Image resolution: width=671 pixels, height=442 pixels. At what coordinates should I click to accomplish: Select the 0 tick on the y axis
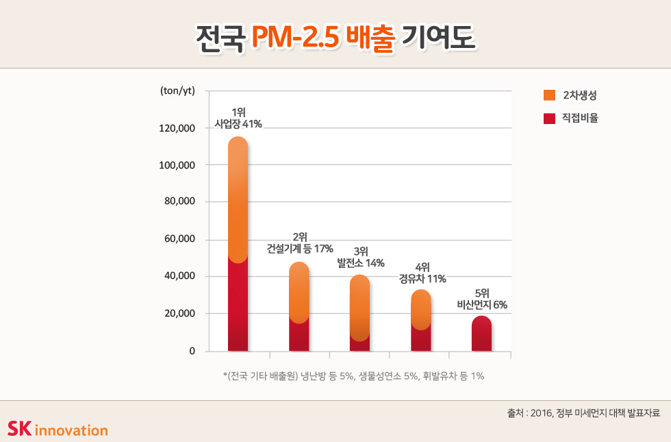click(x=192, y=351)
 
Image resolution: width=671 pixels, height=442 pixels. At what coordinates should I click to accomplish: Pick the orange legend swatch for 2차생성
click(x=549, y=95)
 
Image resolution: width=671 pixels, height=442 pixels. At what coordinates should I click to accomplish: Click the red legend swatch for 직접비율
click(x=549, y=119)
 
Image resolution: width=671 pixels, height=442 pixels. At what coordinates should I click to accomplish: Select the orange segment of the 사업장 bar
click(x=238, y=199)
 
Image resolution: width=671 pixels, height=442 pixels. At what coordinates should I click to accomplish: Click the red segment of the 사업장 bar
click(x=238, y=308)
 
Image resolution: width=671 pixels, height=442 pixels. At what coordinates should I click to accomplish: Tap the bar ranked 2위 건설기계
click(x=299, y=305)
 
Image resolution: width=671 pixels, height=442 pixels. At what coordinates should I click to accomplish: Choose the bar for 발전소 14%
click(x=359, y=312)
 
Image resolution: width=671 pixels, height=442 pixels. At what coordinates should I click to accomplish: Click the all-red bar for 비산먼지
click(x=481, y=334)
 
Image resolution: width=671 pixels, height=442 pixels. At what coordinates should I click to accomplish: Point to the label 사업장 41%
click(x=238, y=124)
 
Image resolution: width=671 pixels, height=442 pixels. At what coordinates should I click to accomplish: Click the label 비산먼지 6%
click(x=482, y=305)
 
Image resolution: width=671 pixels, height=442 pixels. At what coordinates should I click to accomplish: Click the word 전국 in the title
click(x=220, y=36)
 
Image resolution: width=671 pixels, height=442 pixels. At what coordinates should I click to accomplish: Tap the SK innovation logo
click(x=58, y=429)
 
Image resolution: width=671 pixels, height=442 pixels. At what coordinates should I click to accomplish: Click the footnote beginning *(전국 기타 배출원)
click(x=354, y=376)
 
